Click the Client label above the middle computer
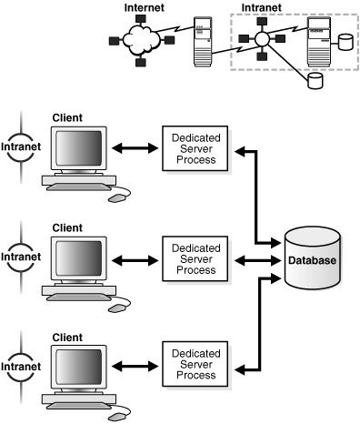point(68,227)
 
